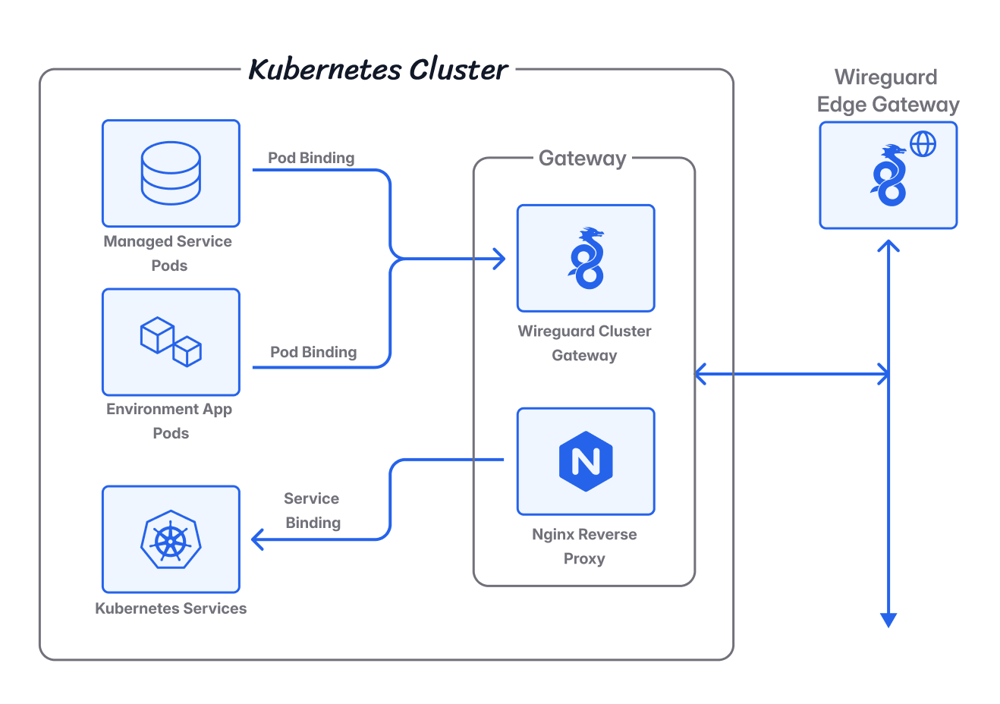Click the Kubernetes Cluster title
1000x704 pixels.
(378, 69)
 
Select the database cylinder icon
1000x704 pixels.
(171, 173)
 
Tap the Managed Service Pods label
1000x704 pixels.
(168, 253)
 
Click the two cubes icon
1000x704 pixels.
(171, 341)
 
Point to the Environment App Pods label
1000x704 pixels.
(169, 421)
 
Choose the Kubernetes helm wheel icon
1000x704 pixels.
(171, 539)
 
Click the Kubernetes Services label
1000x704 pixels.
(171, 608)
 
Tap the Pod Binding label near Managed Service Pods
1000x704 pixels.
(311, 158)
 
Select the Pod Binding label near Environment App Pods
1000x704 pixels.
(313, 352)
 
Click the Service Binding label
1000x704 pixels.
(313, 511)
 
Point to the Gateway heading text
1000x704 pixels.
(582, 159)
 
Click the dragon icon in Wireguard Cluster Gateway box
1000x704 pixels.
(586, 258)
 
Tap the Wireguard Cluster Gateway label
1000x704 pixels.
(584, 343)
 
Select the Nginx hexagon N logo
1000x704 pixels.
(586, 461)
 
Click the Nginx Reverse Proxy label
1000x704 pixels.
(584, 546)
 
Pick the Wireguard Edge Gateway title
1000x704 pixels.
(888, 91)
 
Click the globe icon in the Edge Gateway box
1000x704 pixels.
(923, 143)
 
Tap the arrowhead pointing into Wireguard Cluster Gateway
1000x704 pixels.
(499, 259)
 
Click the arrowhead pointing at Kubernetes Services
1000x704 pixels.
(257, 539)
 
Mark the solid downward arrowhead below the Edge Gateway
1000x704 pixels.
(888, 621)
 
